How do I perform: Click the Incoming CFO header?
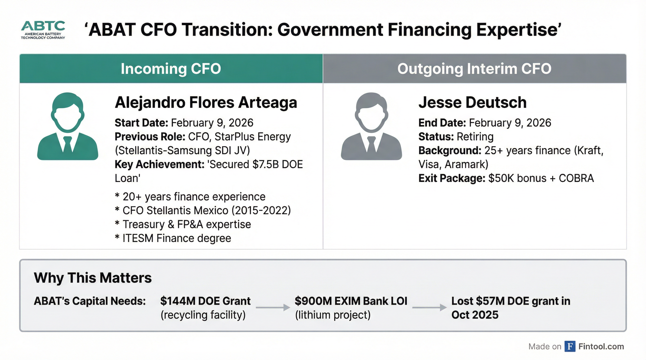tap(171, 69)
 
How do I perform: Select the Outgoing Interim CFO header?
tap(474, 69)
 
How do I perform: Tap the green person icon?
tap(68, 126)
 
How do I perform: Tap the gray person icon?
tap(371, 126)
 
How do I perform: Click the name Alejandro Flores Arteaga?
tap(206, 103)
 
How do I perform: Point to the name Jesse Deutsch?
tap(473, 103)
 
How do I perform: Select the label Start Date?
tap(141, 123)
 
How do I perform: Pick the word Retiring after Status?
tap(475, 137)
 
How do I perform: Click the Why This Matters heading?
tap(93, 278)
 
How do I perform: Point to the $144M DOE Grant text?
tap(205, 301)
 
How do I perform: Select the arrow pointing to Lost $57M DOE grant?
tap(429, 307)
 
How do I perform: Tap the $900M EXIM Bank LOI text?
tap(351, 301)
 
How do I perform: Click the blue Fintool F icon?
tap(570, 346)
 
